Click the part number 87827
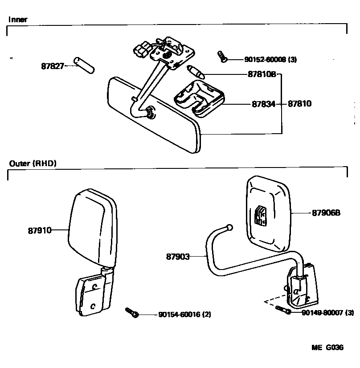pos(53,66)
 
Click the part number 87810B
pos(262,75)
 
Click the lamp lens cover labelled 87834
pos(198,99)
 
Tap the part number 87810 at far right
pos(299,104)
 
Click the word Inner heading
pos(18,20)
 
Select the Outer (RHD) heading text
pos(33,164)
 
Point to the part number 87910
pos(39,230)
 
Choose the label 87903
pos(178,257)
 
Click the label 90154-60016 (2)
pos(184,315)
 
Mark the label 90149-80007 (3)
pos(327,313)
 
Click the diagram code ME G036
pos(327,348)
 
